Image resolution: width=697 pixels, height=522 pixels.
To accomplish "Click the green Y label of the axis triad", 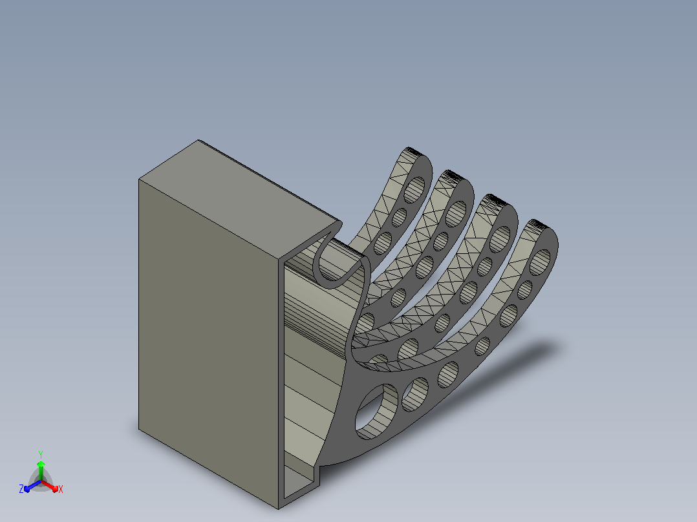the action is (41, 454).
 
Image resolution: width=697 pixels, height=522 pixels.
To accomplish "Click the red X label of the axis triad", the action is (61, 489).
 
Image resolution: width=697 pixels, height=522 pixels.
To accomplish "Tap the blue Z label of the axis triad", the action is (21, 489).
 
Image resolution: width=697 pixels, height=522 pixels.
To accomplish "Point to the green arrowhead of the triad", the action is (41, 465).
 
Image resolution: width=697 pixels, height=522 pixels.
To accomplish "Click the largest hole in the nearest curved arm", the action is (376, 412).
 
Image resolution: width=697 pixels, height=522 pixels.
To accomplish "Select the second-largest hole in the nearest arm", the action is (415, 394).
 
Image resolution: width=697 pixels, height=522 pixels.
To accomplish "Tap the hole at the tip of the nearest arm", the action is (540, 262).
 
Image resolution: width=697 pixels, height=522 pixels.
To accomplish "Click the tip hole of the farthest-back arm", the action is (414, 190).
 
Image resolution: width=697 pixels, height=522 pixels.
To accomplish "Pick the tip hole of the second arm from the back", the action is (456, 214).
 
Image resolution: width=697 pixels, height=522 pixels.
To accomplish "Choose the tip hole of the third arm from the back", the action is (500, 240).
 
